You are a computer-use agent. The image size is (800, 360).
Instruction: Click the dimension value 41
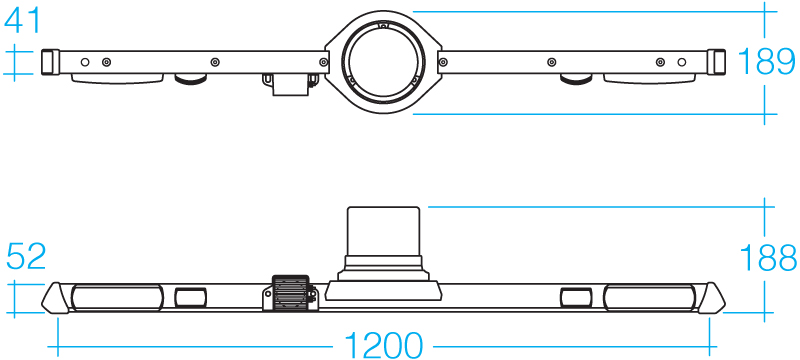click(23, 19)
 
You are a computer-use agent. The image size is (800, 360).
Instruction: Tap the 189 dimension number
click(768, 63)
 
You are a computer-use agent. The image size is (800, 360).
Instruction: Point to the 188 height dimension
click(768, 257)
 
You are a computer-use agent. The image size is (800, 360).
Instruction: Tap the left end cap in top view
click(48, 62)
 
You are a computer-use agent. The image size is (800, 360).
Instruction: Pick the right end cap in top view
click(713, 62)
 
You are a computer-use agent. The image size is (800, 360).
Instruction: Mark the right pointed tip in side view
click(714, 297)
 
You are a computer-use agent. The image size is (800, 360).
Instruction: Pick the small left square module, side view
click(190, 297)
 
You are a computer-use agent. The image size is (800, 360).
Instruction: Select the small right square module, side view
click(575, 297)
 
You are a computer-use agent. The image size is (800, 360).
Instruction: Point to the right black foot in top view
click(574, 79)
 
